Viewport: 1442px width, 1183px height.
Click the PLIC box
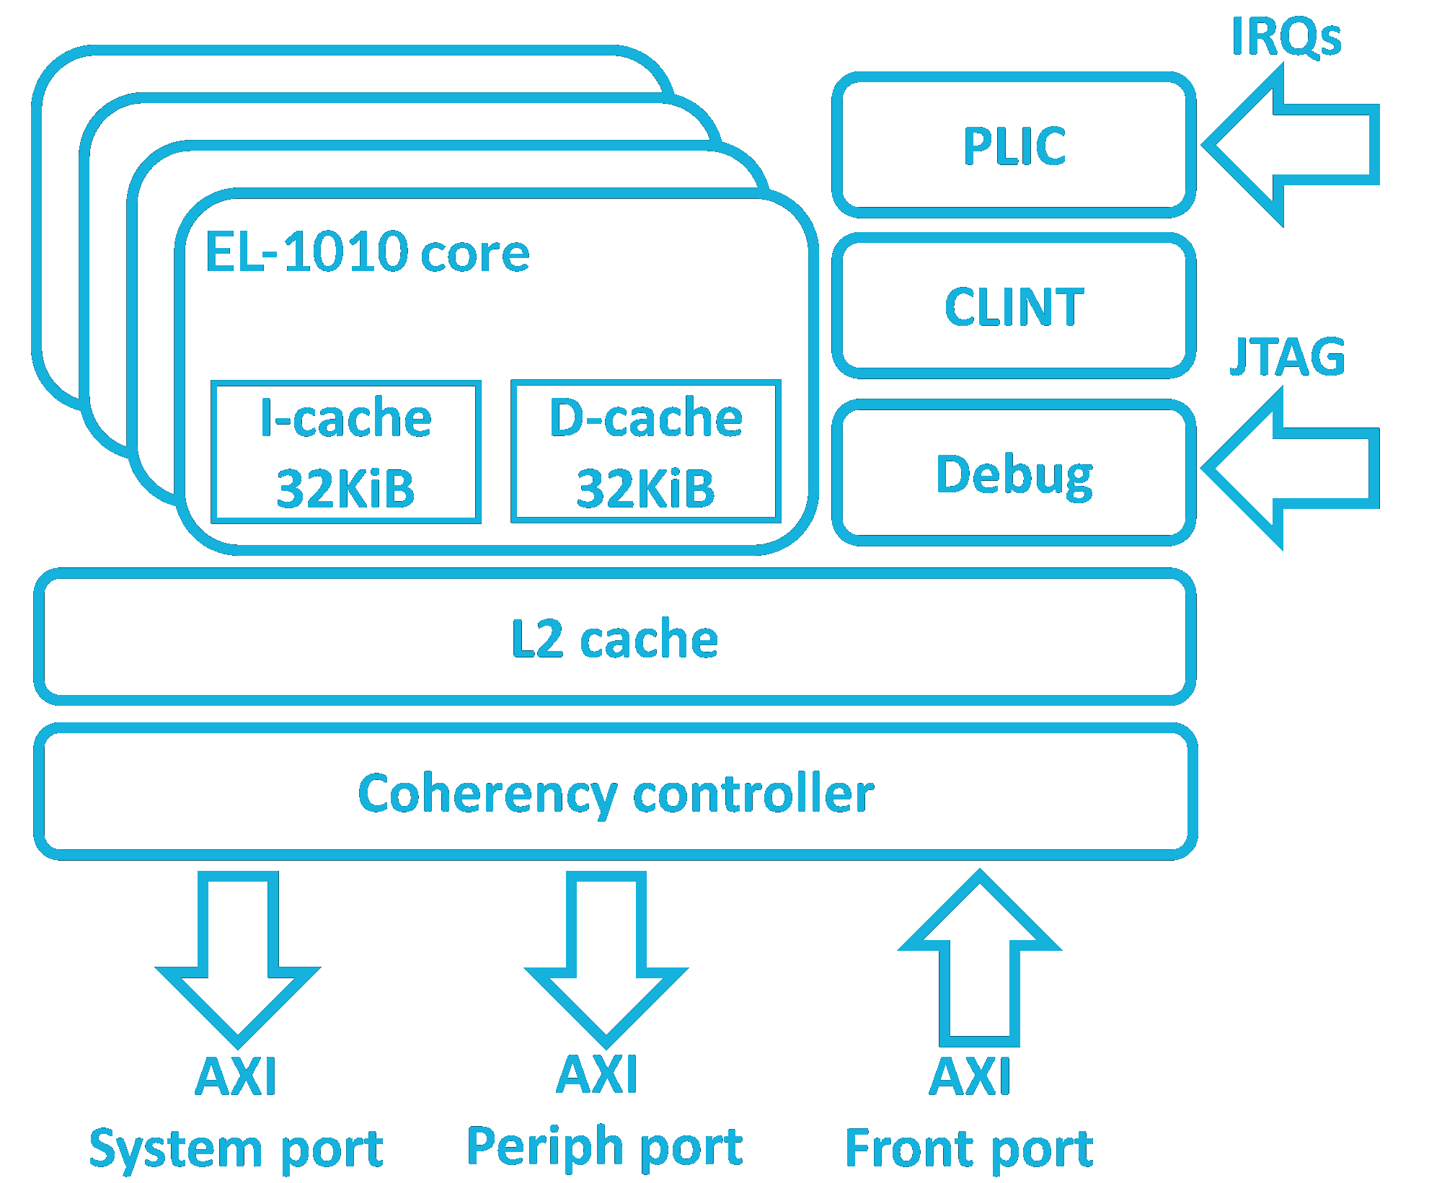1014,146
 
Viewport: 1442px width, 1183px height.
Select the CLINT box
1014,306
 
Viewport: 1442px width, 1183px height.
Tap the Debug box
1014,474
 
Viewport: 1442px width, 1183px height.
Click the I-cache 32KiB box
346,452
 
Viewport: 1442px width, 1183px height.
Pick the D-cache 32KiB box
646,452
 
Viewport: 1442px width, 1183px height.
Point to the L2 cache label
614,639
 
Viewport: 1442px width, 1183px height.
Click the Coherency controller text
616,793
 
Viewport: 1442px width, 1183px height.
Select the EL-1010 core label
368,252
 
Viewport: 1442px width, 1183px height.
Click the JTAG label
1288,356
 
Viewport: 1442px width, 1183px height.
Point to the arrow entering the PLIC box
1291,145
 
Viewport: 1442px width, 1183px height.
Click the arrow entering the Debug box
1291,469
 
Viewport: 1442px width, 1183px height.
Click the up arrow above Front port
980,959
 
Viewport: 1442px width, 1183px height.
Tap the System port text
236,1148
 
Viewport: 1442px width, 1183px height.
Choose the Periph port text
605,1146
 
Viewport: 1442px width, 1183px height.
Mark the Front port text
970,1148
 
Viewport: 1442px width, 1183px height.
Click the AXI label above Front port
970,1076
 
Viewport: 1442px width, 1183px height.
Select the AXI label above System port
236,1076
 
